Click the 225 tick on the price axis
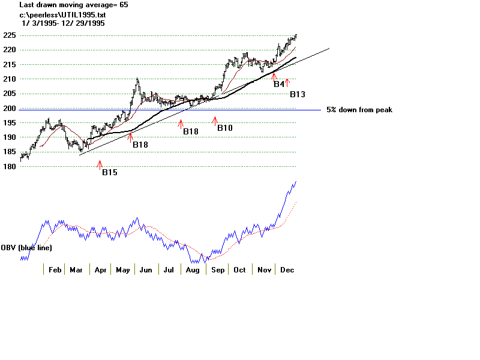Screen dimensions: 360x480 pos(8,35)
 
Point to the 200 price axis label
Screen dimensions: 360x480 pos(8,108)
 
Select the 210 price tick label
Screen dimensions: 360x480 pos(8,79)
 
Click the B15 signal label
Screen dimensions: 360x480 pos(109,173)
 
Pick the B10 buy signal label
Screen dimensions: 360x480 pos(225,128)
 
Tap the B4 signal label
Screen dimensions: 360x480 pos(279,85)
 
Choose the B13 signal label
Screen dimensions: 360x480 pos(298,94)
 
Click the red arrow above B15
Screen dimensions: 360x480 pos(100,164)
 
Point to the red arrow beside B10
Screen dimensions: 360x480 pos(214,121)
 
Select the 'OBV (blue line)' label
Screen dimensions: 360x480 pos(26,247)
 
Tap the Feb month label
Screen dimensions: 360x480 pos(55,270)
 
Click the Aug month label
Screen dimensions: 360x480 pos(193,270)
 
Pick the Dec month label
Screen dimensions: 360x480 pos(287,270)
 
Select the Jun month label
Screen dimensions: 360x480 pos(145,270)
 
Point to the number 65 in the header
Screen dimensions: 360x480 pos(123,5)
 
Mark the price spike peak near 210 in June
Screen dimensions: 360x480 pos(137,79)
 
